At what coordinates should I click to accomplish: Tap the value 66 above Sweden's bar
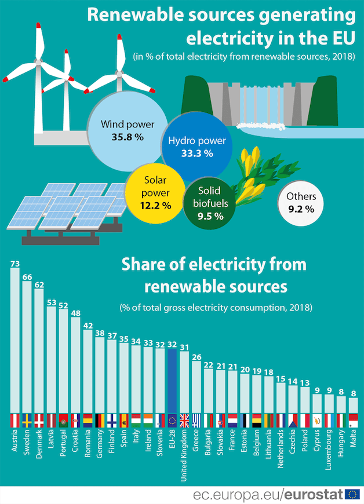click(x=27, y=277)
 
